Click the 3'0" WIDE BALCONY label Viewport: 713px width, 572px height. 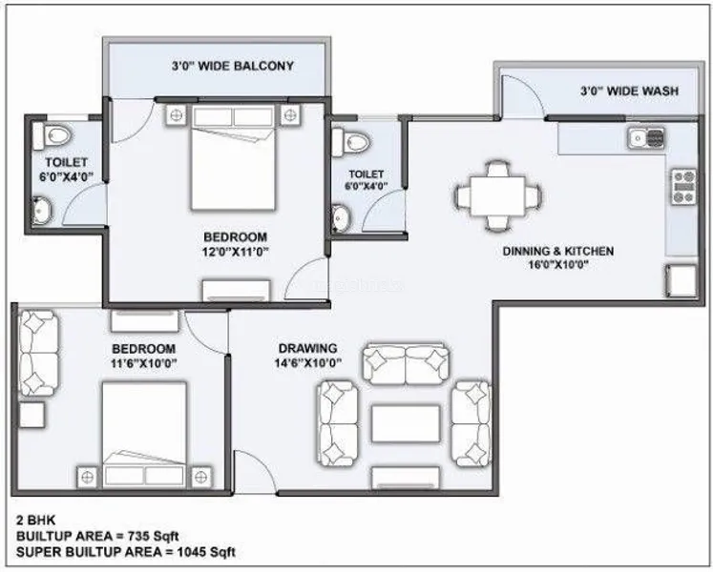click(x=232, y=67)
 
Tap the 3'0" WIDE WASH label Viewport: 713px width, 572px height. click(x=629, y=91)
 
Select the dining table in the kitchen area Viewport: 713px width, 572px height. click(x=497, y=196)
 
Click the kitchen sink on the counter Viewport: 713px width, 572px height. click(x=646, y=137)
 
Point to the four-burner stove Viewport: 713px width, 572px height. click(x=684, y=186)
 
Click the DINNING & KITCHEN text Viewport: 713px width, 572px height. click(x=558, y=252)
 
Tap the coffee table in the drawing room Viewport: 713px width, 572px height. click(x=406, y=423)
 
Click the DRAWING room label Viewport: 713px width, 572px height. click(x=308, y=349)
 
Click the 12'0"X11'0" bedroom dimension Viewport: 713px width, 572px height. click(x=236, y=252)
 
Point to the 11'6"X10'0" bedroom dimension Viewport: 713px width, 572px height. click(x=144, y=364)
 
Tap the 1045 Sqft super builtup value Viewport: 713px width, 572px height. click(x=206, y=553)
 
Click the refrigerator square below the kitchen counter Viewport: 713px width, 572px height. click(x=682, y=281)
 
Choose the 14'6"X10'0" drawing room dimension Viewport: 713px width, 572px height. click(x=308, y=363)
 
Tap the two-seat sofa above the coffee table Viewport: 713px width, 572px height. click(x=405, y=365)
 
